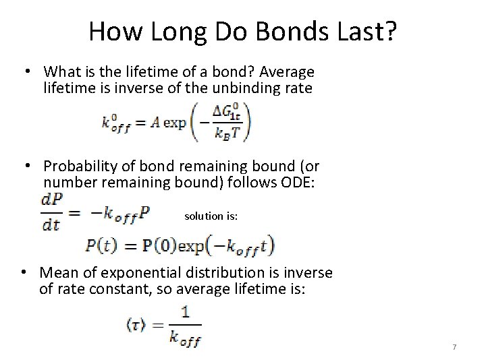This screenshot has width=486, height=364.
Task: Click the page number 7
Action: coord(454,347)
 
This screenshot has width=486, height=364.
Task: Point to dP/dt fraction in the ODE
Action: coord(51,213)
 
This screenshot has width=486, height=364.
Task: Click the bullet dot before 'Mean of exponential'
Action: coord(24,272)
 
